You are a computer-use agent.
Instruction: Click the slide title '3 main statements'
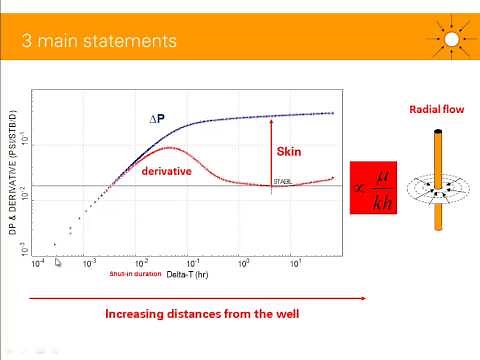coord(99,41)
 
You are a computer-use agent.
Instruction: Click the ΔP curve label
coord(156,120)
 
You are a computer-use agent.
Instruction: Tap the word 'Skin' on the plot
coord(287,152)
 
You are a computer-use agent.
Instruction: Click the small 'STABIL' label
coord(283,182)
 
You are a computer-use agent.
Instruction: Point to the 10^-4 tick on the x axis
coord(38,265)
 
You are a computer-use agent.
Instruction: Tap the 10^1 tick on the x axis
coord(295,265)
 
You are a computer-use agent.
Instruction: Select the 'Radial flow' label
coord(432,109)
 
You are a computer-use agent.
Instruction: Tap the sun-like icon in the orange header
coord(452,39)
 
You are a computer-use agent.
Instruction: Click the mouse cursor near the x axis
coord(58,263)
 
